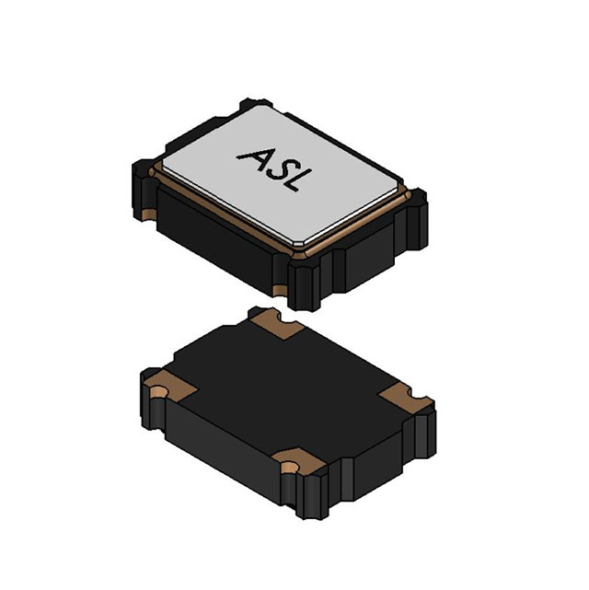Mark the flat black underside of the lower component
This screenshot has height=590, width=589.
[x=285, y=387]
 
